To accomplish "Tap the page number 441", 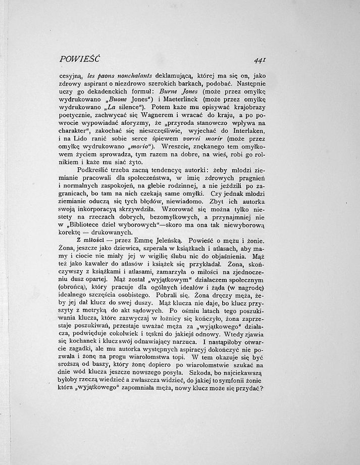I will (x=261, y=60).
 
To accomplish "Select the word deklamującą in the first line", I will (x=166, y=76).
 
